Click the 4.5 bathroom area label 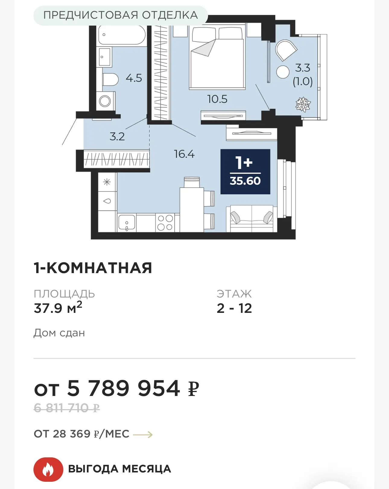[x=134, y=78]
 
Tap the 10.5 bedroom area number [x=217, y=99]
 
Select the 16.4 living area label [x=184, y=154]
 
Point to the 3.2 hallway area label [x=117, y=137]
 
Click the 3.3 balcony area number [x=303, y=68]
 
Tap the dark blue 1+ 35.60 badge [x=245, y=172]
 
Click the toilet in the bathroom [x=110, y=79]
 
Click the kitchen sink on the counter [x=127, y=222]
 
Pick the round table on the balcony [x=283, y=72]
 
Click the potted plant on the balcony [x=303, y=104]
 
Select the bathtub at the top [x=122, y=35]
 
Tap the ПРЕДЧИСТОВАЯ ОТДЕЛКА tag [x=121, y=15]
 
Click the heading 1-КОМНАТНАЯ [x=93, y=268]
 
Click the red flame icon [x=48, y=469]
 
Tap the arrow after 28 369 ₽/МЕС [x=143, y=434]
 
